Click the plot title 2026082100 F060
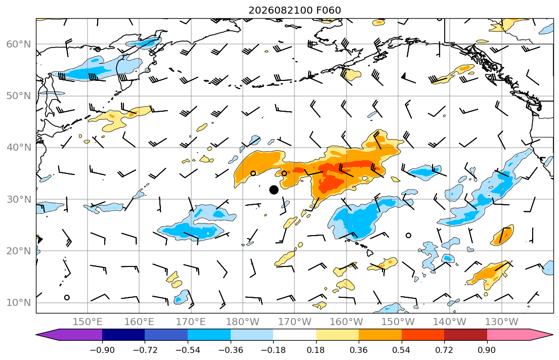(294, 10)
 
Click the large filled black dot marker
(274, 190)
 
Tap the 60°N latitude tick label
(19, 44)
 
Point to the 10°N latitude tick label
(19, 303)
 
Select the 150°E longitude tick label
(88, 322)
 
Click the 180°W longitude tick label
(243, 322)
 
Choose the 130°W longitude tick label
(502, 322)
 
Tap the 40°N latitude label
(19, 148)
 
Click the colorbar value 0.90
(487, 350)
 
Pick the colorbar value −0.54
(188, 350)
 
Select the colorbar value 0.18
(316, 350)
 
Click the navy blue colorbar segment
(123, 335)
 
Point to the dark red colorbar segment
(465, 335)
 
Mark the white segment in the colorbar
(294, 335)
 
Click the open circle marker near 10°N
(67, 298)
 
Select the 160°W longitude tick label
(346, 322)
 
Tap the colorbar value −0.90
(102, 350)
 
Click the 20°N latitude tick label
(19, 251)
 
